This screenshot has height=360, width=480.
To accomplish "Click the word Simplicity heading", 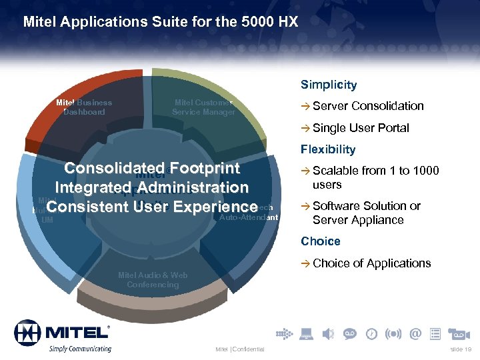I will (x=329, y=85).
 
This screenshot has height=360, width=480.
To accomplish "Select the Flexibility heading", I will (x=328, y=149).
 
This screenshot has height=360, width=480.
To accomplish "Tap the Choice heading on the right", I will (x=320, y=241).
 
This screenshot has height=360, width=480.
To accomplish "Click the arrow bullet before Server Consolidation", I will (x=305, y=107).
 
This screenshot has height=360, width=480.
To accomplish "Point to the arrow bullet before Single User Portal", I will (x=305, y=129).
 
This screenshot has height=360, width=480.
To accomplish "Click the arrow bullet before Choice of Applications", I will (x=305, y=264).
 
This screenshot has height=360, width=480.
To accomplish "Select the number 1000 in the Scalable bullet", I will (x=426, y=171).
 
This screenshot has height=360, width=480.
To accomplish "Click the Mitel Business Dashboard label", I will (x=84, y=107).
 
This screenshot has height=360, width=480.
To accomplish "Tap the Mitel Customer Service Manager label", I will (x=203, y=107).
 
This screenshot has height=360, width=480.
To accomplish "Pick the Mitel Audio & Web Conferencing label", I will (x=153, y=280).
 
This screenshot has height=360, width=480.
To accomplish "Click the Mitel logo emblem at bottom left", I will (x=27, y=332).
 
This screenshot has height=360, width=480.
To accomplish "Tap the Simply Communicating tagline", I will (x=80, y=349).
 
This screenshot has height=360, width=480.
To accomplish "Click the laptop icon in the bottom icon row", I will (x=307, y=333).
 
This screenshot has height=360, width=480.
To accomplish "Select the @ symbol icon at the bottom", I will (x=416, y=333).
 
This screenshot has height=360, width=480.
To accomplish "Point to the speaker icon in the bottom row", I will (x=329, y=333).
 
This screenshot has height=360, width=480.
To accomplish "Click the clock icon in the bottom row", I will (x=371, y=333).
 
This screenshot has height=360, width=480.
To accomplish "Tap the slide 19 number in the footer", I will (x=460, y=349).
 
